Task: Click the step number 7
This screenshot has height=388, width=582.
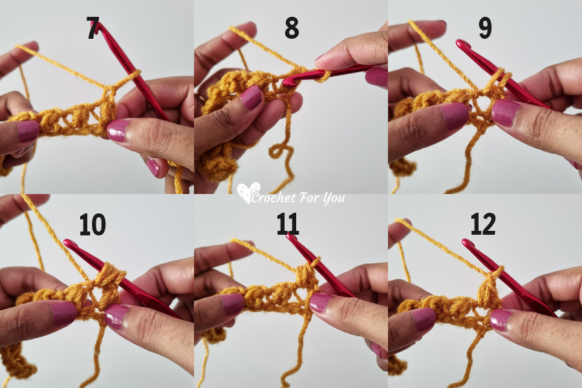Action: [92, 29]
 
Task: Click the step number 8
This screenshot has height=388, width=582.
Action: [292, 29]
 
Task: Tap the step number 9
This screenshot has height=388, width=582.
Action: [485, 28]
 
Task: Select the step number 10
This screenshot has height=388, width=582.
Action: [92, 224]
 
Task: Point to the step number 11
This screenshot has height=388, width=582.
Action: [288, 224]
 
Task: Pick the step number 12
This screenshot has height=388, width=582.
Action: [482, 224]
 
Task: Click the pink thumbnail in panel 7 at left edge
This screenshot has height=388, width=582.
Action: [28, 131]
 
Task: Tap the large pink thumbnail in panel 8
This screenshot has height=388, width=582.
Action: [252, 97]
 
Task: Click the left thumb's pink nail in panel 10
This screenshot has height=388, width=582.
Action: [64, 314]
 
